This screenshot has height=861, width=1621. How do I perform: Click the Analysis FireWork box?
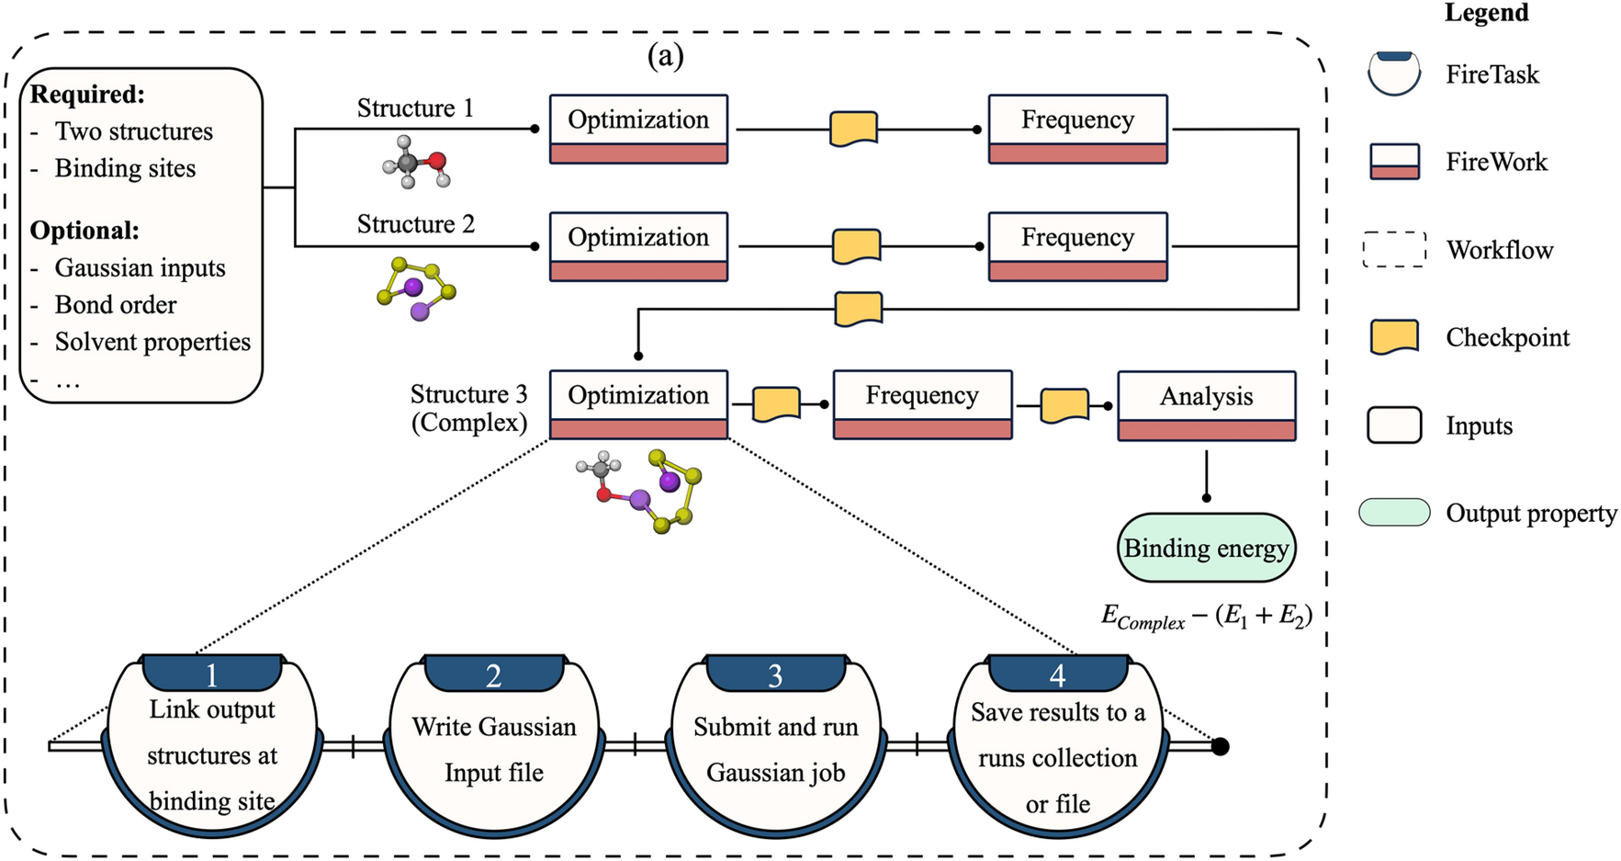click(x=1206, y=405)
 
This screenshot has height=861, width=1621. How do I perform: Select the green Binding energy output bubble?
click(x=1206, y=548)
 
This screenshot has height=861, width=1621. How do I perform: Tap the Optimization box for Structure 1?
click(x=638, y=129)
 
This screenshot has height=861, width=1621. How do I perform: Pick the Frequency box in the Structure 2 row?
click(x=1077, y=246)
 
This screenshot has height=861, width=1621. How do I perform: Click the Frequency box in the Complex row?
click(x=922, y=404)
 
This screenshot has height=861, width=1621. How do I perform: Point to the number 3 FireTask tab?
click(x=775, y=674)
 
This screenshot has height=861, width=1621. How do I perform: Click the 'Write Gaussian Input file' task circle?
click(x=494, y=749)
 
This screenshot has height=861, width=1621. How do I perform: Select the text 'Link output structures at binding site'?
click(x=212, y=755)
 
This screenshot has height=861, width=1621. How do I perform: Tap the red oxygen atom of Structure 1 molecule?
click(x=437, y=162)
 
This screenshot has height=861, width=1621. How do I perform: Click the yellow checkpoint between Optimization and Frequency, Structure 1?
click(x=853, y=129)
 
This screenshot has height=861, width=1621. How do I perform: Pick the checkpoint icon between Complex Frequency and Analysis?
click(x=1064, y=405)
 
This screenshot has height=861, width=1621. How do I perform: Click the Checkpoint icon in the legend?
click(x=1394, y=337)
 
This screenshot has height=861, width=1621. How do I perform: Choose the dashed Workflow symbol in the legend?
click(x=1394, y=249)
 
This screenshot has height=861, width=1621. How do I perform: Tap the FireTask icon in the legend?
click(x=1394, y=74)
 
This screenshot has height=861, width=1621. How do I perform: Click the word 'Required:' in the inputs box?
click(x=87, y=95)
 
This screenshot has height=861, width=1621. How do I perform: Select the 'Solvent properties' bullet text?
click(x=152, y=342)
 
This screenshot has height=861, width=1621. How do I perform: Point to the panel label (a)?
click(x=665, y=57)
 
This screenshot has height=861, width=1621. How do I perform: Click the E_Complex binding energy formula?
click(x=1206, y=617)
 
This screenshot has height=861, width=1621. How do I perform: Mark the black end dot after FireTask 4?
click(x=1220, y=746)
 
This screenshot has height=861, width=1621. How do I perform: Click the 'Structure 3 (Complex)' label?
click(x=468, y=408)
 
